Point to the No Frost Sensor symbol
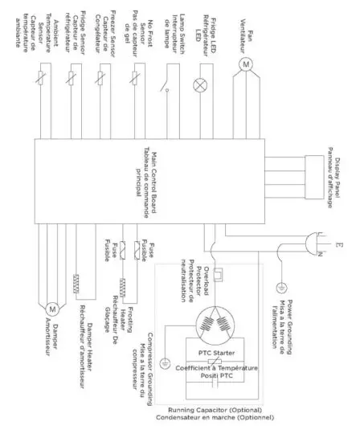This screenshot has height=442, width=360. tap(135, 81)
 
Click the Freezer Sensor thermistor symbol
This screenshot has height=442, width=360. tap(101, 81)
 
